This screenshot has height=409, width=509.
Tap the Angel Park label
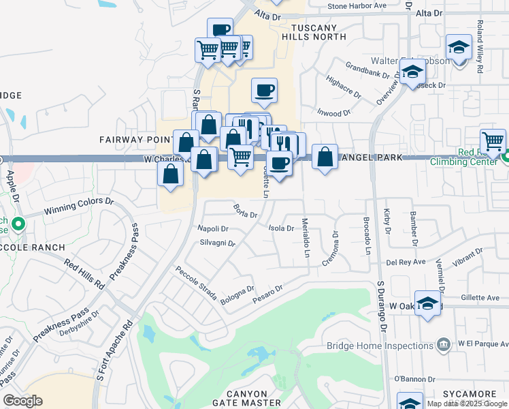pos(371,158)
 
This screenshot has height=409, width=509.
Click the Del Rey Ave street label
pos(406,261)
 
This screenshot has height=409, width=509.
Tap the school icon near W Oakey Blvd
pos(427,303)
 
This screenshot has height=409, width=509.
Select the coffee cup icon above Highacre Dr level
pos(263,89)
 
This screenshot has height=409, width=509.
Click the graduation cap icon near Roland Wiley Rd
pos(459,48)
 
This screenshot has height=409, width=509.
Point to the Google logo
pos(23,401)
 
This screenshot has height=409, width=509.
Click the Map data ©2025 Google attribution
pos(467,404)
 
